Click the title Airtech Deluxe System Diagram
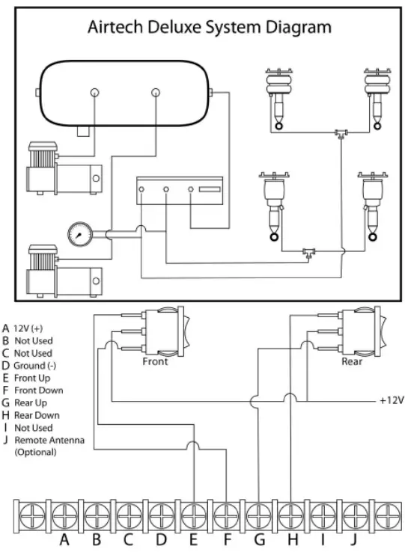click(209, 28)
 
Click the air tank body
click(124, 93)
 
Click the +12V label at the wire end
click(391, 400)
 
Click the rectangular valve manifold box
click(180, 192)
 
